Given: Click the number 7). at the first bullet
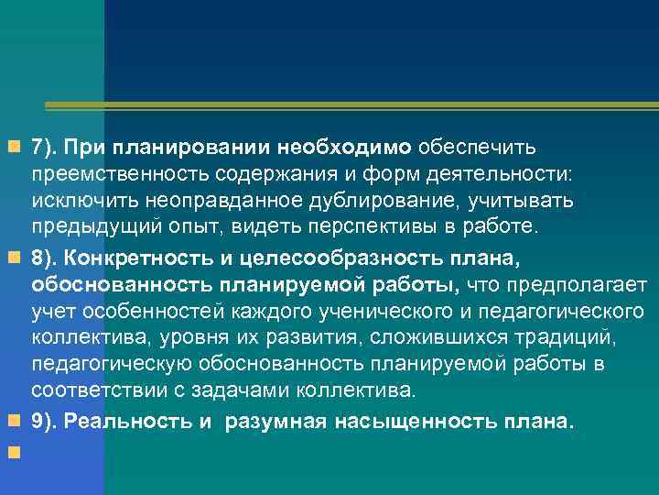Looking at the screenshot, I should click(45, 147).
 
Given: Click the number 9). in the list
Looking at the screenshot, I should click(45, 422).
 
